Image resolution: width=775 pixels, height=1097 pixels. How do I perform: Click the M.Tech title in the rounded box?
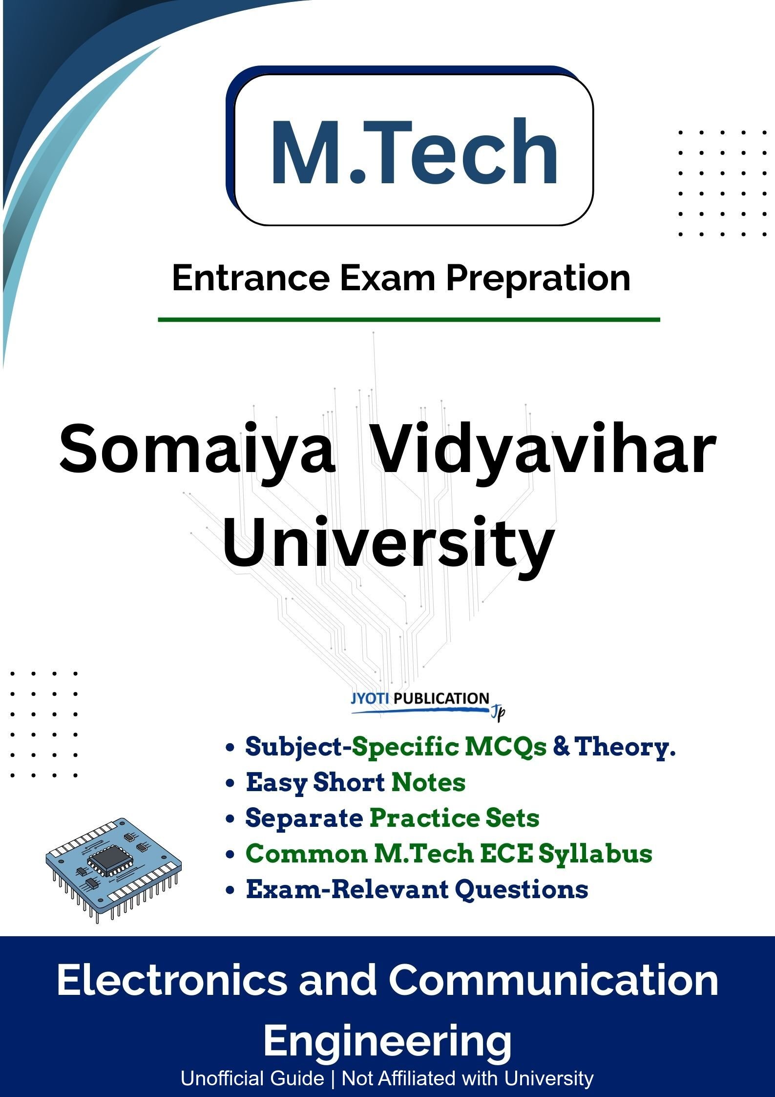(x=414, y=152)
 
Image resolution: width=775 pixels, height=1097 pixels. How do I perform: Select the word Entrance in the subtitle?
(x=251, y=278)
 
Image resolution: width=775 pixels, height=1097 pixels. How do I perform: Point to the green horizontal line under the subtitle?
(x=409, y=320)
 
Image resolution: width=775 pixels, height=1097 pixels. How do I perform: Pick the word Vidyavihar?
(x=544, y=449)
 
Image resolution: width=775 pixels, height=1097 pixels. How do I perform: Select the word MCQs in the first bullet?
(x=506, y=747)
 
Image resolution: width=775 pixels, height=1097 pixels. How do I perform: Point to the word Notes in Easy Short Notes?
(x=428, y=782)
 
